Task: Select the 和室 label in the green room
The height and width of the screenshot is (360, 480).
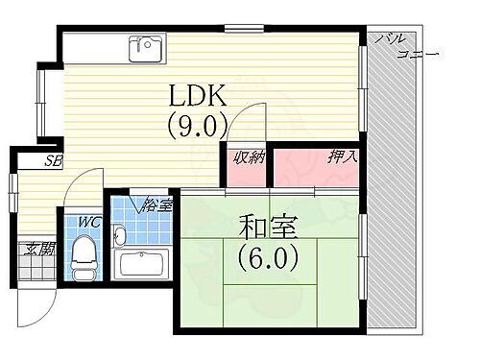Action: click(269, 229)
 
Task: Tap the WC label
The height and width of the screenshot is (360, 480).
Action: click(88, 223)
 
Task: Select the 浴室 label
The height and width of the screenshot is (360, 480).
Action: click(156, 204)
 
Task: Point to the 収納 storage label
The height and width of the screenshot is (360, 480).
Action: click(247, 157)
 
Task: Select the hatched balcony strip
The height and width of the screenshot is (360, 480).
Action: click(396, 192)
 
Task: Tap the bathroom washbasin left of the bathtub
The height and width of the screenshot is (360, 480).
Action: click(120, 236)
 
